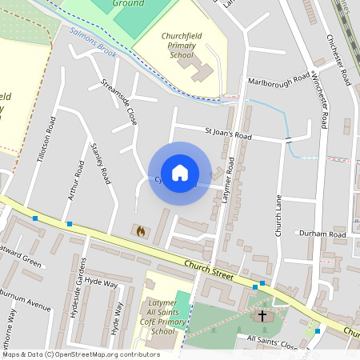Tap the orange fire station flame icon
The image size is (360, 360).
pyautogui.click(x=141, y=231)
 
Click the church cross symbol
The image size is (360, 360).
pyautogui.click(x=262, y=316)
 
